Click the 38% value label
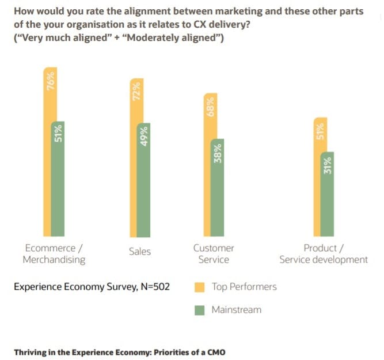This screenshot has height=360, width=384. pos(218,153)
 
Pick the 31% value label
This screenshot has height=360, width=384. pos(328,166)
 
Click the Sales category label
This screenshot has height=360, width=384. pos(140,252)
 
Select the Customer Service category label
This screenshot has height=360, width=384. pos(214,253)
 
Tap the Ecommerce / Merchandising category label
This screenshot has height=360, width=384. pos(54,253)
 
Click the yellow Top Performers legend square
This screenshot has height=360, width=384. pos(200,287)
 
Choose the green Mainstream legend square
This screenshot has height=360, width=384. pos(200,310)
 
